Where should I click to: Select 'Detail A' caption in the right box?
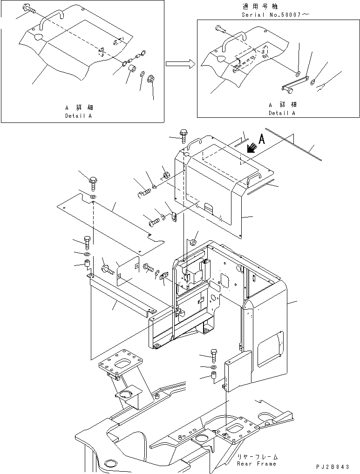tap(282, 113)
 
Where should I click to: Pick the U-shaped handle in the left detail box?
tap(49, 19)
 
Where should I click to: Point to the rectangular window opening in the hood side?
tap(271, 348)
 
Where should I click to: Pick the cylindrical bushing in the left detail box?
tap(132, 70)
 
